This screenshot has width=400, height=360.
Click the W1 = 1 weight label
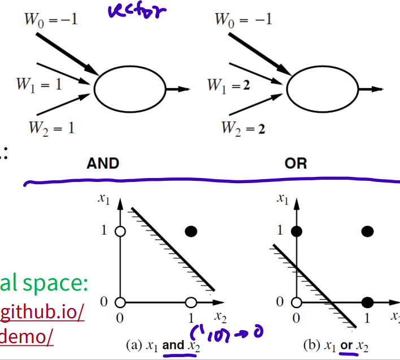coord(38,85)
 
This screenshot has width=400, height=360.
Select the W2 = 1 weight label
coord(51,128)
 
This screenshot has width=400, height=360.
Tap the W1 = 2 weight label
coord(229,85)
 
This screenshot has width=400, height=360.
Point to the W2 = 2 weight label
coord(242,128)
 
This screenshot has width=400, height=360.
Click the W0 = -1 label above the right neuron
coord(243,20)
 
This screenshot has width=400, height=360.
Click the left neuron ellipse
coord(129,89)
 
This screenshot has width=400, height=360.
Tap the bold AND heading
coord(103,164)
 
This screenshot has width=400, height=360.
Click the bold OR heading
coord(296,164)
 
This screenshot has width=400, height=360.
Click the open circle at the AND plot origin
coord(119,301)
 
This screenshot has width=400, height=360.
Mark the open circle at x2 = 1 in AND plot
coord(191,301)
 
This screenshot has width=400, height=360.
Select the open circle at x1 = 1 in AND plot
coord(119,231)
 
